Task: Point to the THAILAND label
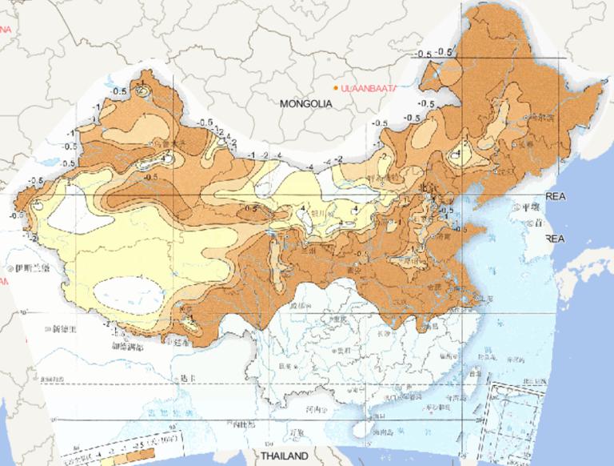tap(284, 456)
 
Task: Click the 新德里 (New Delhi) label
tap(64, 327)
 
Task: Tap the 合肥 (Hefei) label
tap(434, 285)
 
